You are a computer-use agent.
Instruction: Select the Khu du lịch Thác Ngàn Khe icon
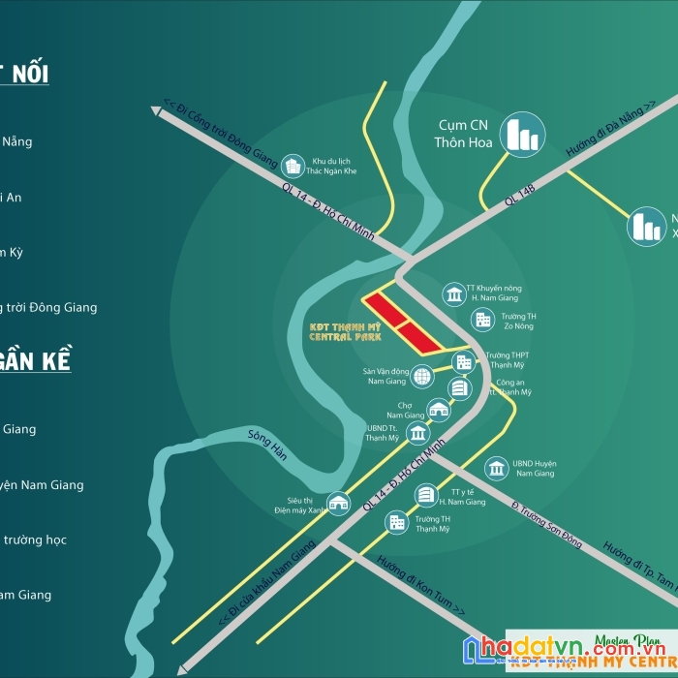point(293,166)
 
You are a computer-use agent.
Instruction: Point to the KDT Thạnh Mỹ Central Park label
point(345,331)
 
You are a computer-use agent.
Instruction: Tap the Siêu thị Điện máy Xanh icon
point(338,502)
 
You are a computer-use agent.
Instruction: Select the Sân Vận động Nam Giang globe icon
point(421,376)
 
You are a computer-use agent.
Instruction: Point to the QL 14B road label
point(519,193)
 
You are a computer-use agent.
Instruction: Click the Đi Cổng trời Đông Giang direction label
point(220,134)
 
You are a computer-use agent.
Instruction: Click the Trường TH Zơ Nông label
point(518,321)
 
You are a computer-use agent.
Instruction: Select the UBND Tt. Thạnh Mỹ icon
point(416,433)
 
